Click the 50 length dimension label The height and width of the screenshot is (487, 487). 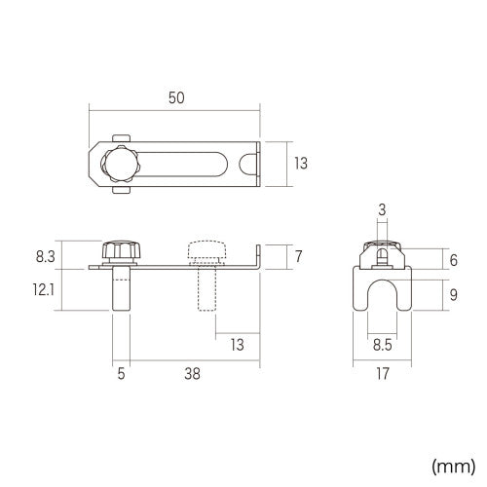tap(176, 97)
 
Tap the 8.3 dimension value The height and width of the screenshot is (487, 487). tap(46, 256)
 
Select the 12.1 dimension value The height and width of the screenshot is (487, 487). tap(44, 289)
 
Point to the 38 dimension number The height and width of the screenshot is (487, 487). tap(192, 374)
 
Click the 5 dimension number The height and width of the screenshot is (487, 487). tap(121, 374)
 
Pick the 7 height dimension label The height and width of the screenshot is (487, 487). tap(298, 256)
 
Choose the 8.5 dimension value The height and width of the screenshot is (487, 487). tap(382, 345)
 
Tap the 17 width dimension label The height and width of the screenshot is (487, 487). tap(383, 374)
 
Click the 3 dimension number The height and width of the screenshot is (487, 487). tap(382, 209)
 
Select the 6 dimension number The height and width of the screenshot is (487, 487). tap(454, 260)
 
